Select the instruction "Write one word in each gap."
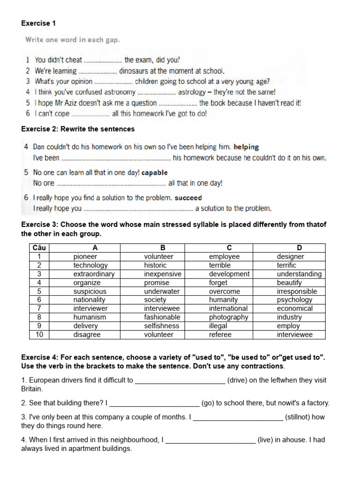click(x=72, y=40)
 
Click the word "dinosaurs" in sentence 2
click(x=135, y=71)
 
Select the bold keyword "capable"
click(x=154, y=173)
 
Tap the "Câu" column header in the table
click(x=39, y=247)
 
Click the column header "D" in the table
click(x=299, y=247)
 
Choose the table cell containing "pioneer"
click(x=85, y=256)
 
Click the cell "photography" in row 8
click(x=228, y=317)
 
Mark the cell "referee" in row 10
click(x=220, y=334)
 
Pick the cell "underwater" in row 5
click(x=162, y=291)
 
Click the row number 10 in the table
click(x=39, y=334)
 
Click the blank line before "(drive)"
click(x=180, y=381)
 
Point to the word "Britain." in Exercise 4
click(x=32, y=389)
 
